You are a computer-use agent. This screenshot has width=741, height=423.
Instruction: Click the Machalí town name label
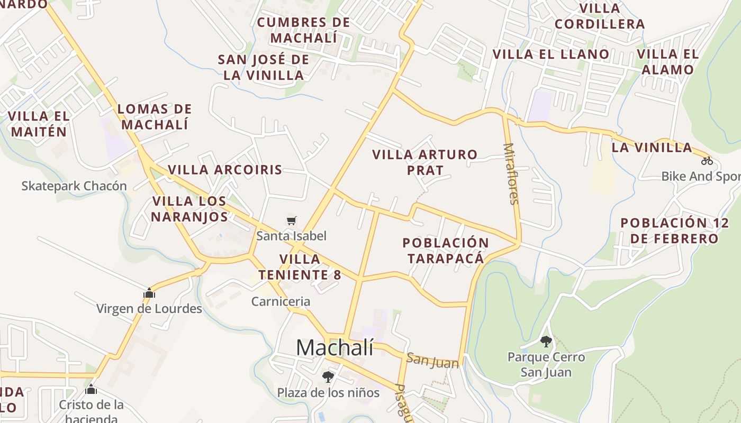click(x=335, y=347)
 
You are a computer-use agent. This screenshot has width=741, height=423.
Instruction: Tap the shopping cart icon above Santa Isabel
click(x=291, y=220)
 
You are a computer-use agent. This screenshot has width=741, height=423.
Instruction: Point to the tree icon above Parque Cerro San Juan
click(x=546, y=342)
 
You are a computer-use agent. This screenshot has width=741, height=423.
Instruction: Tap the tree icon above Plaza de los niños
click(x=328, y=377)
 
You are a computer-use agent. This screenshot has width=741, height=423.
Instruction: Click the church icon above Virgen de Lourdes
click(x=149, y=293)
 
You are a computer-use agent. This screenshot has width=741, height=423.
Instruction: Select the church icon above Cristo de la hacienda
click(x=91, y=390)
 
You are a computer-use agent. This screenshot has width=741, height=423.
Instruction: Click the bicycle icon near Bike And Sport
click(x=707, y=161)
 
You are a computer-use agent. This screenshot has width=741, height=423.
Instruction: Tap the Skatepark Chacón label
click(x=74, y=186)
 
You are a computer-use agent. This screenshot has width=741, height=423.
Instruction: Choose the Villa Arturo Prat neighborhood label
click(x=424, y=162)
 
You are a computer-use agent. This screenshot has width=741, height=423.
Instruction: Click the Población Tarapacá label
click(x=446, y=251)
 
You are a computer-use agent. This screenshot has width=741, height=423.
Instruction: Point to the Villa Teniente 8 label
click(x=300, y=267)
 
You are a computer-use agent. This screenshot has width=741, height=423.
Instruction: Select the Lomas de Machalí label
click(x=154, y=117)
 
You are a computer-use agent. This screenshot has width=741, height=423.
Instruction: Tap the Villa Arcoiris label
click(x=225, y=170)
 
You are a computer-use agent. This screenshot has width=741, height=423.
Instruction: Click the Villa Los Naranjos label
click(x=189, y=209)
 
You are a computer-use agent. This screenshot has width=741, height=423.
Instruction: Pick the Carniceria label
click(x=281, y=301)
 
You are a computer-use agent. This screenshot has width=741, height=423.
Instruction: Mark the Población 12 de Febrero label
click(x=674, y=231)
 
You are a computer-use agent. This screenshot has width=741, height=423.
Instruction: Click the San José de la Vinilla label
click(x=264, y=67)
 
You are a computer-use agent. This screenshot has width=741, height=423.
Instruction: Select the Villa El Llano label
click(x=551, y=54)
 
